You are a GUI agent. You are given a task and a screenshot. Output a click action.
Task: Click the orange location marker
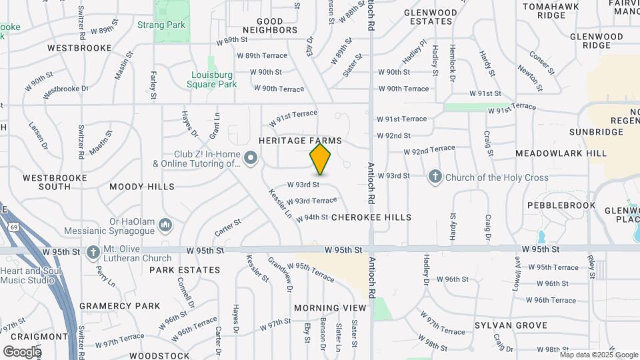(x=320, y=159)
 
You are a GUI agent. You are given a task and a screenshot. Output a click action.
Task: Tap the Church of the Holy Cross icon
(x=435, y=177)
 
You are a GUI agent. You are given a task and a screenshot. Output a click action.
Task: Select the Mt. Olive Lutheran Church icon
(x=92, y=253)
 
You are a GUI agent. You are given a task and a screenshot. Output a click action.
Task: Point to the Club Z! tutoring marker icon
(x=251, y=159)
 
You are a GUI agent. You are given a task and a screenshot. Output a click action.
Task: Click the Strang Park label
(x=161, y=25)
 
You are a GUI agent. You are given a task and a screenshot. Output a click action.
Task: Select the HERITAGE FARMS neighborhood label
(x=300, y=141)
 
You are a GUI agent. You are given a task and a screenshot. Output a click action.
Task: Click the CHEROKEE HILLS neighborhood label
(x=371, y=217)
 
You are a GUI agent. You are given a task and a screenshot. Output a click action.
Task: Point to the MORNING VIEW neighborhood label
(x=331, y=308)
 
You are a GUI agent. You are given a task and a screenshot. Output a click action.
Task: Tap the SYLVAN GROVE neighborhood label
(x=511, y=325)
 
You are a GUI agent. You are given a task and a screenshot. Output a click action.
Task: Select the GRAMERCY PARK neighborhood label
(x=120, y=306)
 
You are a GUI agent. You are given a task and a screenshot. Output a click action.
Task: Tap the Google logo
(x=22, y=351)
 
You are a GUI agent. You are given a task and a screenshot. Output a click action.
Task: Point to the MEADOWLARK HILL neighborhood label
(x=561, y=153)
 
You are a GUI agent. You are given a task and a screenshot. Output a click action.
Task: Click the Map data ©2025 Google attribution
(x=598, y=355)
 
